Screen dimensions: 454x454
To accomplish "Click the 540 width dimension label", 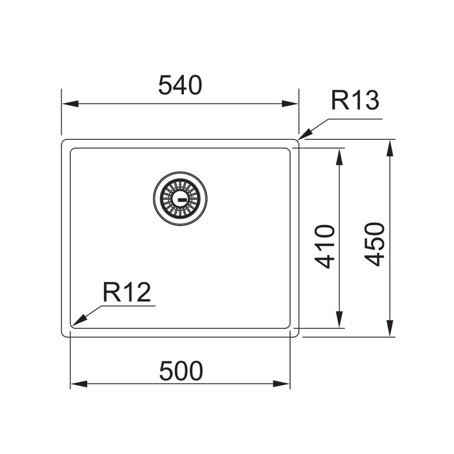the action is [x=180, y=85].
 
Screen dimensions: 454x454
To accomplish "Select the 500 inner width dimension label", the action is [x=181, y=371].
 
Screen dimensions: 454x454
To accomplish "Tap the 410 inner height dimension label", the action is [x=325, y=246].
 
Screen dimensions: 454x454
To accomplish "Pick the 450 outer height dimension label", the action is [x=375, y=244].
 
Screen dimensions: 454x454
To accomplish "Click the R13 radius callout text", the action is [x=355, y=100].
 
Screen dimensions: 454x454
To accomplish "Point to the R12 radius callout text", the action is [x=127, y=292].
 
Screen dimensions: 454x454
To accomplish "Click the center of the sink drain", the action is [x=180, y=198].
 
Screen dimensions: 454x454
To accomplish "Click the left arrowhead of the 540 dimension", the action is [x=70, y=104].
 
